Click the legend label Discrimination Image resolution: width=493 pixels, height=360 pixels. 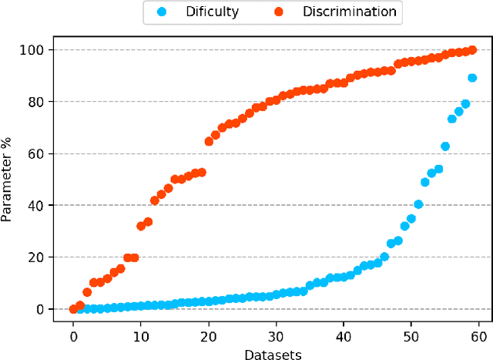pyautogui.click(x=350, y=12)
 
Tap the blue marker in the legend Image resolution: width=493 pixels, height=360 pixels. pyautogui.click(x=161, y=12)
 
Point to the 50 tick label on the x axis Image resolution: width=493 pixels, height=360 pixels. pyautogui.click(x=411, y=336)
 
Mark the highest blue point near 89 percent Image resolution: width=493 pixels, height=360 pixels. pyautogui.click(x=472, y=78)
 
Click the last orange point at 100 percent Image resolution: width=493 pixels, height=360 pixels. pyautogui.click(x=472, y=50)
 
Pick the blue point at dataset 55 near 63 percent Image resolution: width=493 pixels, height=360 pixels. pyautogui.click(x=445, y=146)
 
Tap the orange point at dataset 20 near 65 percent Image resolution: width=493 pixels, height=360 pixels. pyautogui.click(x=209, y=141)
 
